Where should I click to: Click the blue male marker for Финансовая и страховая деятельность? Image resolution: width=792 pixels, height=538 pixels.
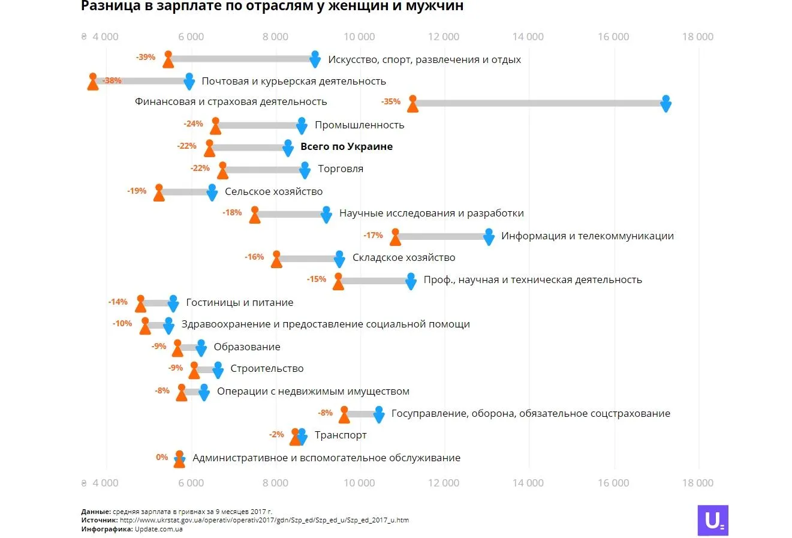click(665, 103)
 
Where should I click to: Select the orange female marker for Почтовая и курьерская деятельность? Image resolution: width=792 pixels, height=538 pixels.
click(93, 82)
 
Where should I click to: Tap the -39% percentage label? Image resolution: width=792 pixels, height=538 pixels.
click(146, 58)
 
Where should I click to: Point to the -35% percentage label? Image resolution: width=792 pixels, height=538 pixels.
click(391, 102)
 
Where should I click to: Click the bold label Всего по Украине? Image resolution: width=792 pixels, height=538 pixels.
click(347, 147)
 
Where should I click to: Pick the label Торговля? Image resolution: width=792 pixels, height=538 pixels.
click(341, 169)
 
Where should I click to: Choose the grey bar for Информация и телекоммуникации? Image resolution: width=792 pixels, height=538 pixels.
click(442, 237)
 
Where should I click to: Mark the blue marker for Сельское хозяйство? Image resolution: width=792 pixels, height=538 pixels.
click(212, 193)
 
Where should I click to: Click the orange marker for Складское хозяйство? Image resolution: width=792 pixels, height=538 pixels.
click(276, 259)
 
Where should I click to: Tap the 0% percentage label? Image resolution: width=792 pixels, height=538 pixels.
click(162, 458)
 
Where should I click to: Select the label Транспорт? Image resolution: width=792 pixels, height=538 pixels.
click(341, 435)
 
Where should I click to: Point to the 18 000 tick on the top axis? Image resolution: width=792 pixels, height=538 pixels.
click(698, 37)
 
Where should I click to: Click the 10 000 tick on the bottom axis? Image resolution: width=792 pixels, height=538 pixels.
click(359, 483)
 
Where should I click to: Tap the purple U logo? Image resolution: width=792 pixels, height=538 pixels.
click(713, 520)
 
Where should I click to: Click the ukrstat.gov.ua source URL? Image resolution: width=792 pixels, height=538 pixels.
click(264, 520)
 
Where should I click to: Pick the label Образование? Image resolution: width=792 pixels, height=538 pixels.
click(247, 347)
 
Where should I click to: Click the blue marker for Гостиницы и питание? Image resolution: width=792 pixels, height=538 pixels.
click(173, 303)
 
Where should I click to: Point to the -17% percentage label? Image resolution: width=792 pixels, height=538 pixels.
click(373, 236)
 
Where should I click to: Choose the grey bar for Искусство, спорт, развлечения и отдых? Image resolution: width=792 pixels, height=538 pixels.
click(242, 59)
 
